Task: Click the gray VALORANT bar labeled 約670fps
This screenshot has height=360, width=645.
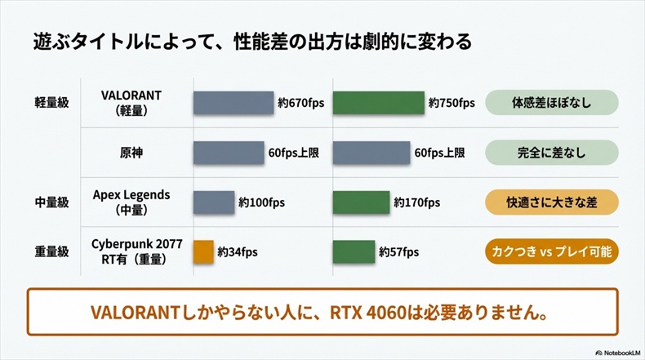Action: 233,103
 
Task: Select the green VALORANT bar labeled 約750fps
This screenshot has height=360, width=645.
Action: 379,103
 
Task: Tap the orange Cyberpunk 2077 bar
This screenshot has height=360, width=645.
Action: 203,251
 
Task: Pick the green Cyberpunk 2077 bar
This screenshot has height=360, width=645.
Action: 354,251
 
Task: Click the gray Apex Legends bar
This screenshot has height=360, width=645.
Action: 214,202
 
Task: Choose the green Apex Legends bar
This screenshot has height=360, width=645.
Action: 362,202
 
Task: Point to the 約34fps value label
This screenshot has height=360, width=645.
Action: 238,252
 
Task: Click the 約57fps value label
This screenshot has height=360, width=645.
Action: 398,252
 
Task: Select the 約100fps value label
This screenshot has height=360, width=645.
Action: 260,202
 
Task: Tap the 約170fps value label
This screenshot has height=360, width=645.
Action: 416,202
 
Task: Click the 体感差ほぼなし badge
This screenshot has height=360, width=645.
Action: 551,104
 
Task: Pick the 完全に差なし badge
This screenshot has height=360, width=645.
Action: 551,153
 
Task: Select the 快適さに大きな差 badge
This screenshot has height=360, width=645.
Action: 551,202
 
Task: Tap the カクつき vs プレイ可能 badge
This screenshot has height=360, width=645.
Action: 551,251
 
